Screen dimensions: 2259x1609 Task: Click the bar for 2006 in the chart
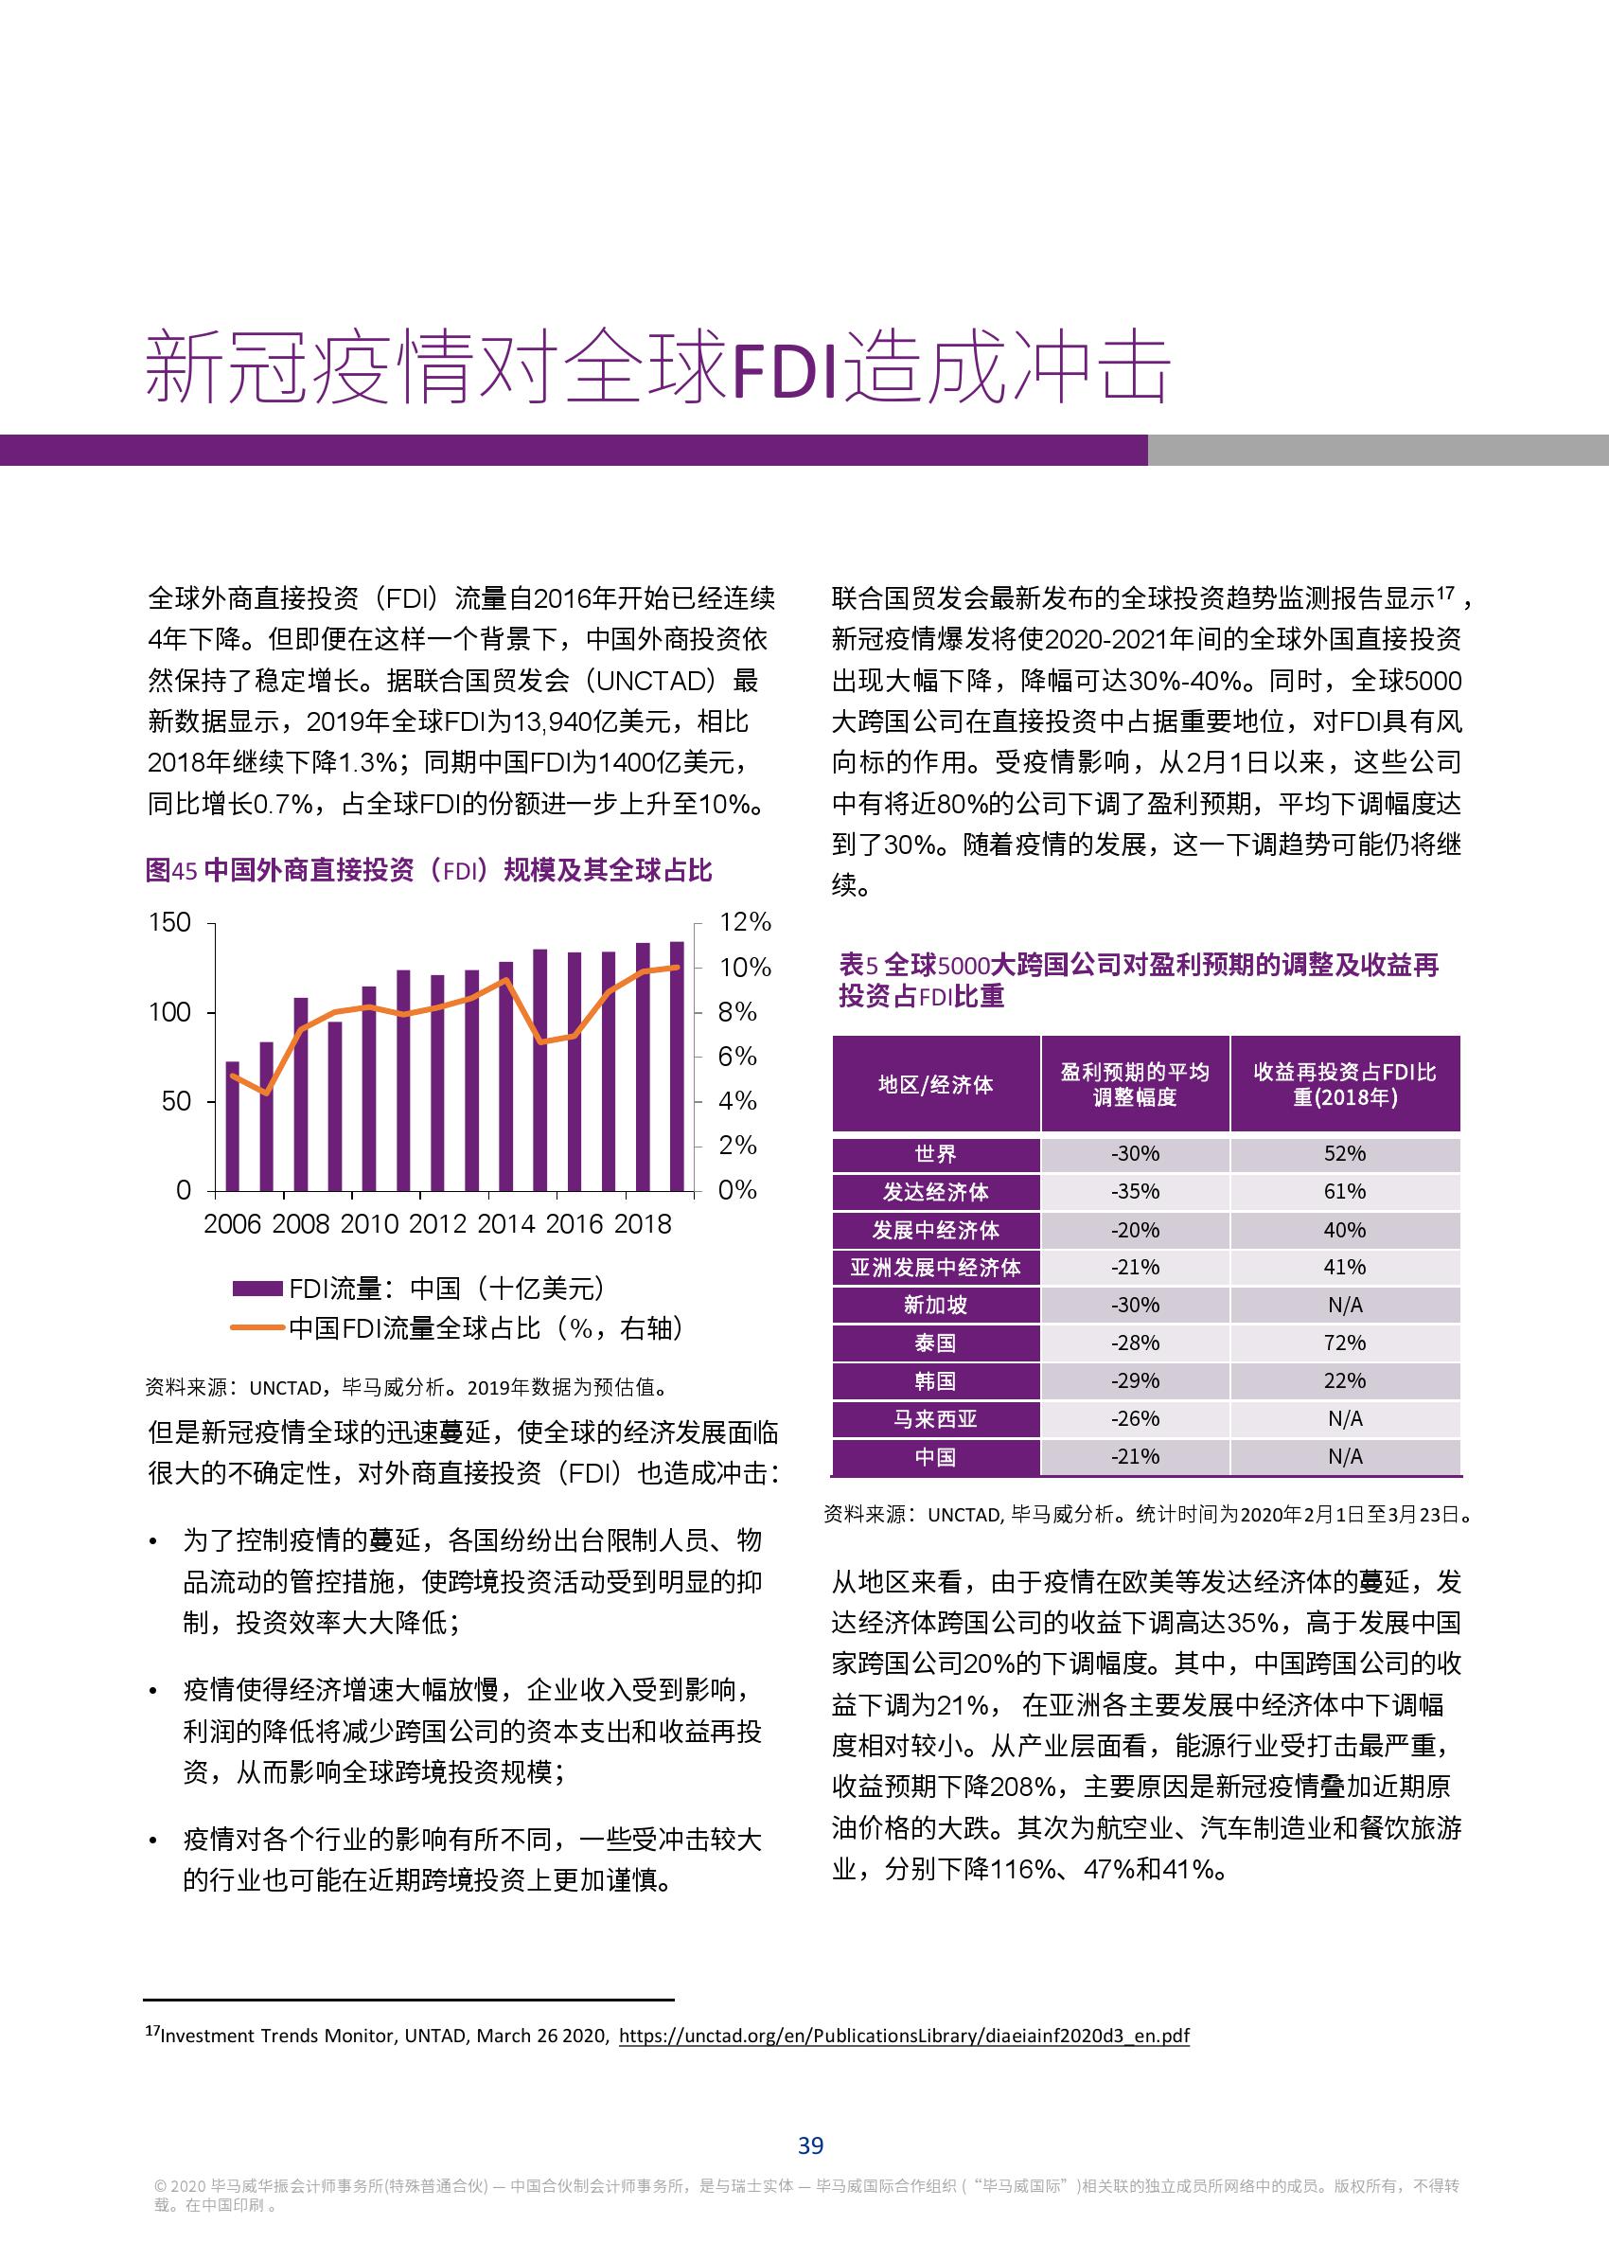point(233,1126)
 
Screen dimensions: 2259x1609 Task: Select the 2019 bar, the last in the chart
point(677,1065)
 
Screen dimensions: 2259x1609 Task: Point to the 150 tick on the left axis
point(169,922)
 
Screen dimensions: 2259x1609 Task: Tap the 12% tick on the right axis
point(744,922)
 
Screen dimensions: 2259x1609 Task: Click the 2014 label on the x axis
point(505,1224)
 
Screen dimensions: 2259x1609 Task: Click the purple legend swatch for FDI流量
point(257,1289)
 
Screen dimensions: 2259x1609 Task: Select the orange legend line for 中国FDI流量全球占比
point(257,1328)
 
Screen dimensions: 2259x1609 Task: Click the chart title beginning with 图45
point(428,870)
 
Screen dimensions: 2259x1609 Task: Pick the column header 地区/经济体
point(935,1085)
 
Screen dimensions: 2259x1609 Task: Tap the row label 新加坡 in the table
point(935,1305)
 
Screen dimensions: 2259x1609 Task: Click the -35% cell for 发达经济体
point(1135,1192)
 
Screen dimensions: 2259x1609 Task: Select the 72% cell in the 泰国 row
point(1345,1343)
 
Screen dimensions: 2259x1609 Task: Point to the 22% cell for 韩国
point(1345,1380)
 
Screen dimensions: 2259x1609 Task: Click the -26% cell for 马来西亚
point(1135,1419)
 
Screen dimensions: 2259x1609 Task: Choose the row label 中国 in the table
point(935,1456)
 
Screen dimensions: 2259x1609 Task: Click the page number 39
point(810,2145)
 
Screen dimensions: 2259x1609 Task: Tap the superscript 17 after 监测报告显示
point(1445,593)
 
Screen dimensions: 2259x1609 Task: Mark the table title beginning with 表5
point(1138,979)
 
